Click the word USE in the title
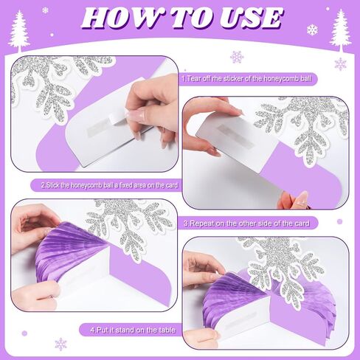tap(251, 18)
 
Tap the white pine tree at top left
tap(19, 32)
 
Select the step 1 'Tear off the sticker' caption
tap(246, 79)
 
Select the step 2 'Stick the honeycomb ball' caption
tap(109, 185)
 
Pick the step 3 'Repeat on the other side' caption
tap(246, 224)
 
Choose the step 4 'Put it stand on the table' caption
tap(133, 330)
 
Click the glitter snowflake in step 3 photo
tap(131, 226)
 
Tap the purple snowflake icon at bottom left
tap(60, 344)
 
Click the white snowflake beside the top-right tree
tap(312, 30)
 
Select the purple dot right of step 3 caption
tap(339, 221)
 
